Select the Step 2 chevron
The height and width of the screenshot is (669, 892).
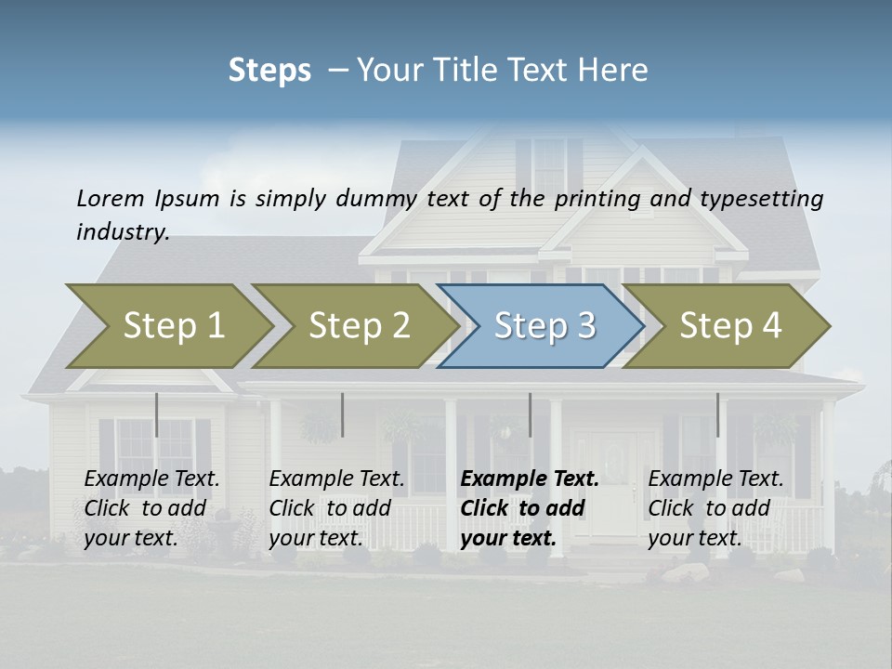point(359,326)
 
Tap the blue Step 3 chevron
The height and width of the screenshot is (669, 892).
point(544,326)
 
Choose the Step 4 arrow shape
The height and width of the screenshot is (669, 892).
point(729,326)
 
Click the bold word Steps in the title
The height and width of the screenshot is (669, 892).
point(269,71)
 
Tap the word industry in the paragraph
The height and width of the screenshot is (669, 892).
point(122,232)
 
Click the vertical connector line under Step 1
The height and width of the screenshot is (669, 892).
point(156,414)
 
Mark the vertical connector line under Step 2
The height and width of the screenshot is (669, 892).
point(342,414)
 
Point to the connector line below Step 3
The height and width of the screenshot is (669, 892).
point(530,414)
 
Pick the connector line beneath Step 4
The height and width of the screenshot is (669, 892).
point(716,414)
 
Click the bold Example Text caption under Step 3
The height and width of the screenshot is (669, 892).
point(530,508)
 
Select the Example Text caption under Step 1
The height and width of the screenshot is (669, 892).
point(151,508)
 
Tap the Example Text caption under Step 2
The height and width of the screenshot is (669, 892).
point(336,508)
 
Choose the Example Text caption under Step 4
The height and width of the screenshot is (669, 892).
point(715,508)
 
